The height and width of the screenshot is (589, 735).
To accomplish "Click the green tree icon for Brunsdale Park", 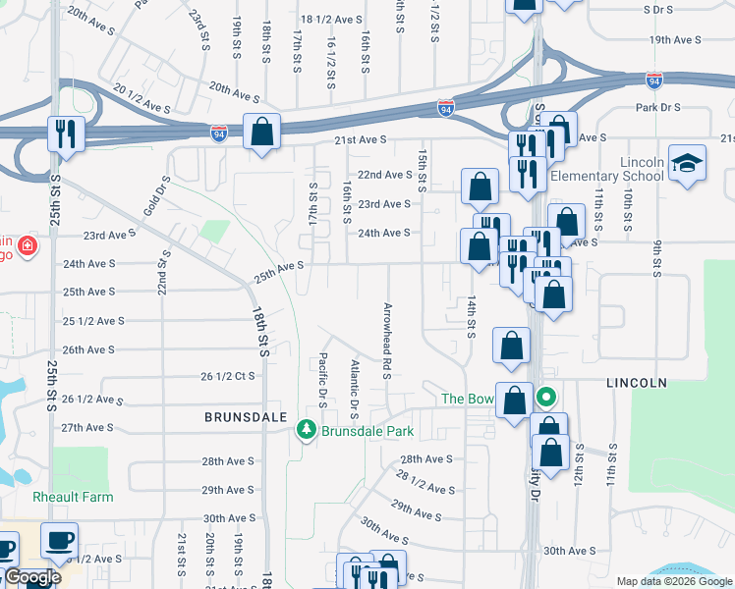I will tap(307, 431).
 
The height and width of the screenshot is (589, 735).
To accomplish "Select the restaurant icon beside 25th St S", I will tap(67, 134).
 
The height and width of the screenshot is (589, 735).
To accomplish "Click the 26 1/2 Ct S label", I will tap(227, 376).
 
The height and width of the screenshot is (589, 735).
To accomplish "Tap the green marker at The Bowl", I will tap(547, 399).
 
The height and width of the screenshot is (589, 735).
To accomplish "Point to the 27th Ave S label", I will tap(88, 428).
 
